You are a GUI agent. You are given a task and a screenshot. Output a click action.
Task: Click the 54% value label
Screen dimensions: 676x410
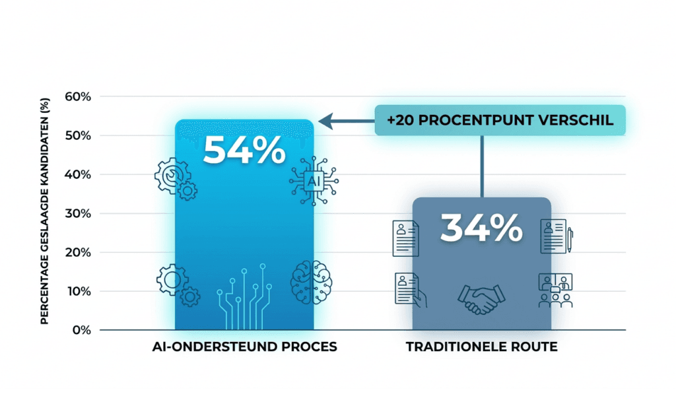[x=244, y=150]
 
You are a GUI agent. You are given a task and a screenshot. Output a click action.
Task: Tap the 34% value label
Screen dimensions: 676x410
[x=481, y=228]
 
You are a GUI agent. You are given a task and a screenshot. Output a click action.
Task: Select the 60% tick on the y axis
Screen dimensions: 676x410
[x=78, y=96]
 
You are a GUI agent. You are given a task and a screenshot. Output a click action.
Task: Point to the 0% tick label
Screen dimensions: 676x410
[x=81, y=330]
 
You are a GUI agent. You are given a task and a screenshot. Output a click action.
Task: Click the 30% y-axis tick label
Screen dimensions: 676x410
[x=78, y=213]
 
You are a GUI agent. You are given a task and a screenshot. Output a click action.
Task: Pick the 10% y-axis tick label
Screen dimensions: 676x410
[x=78, y=291]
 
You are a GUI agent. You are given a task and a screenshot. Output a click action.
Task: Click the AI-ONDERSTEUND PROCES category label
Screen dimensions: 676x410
[x=244, y=347]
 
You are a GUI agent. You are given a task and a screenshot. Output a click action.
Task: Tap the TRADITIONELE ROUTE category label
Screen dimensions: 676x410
[x=481, y=347]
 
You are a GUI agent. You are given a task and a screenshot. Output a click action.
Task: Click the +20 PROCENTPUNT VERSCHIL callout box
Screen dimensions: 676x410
[x=500, y=120]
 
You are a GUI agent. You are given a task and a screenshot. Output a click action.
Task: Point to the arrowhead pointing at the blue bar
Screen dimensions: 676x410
[x=325, y=121]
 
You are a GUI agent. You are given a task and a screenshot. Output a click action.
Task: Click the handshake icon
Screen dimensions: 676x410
[x=481, y=299]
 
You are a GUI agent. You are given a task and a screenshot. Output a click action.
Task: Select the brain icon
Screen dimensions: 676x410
[x=312, y=283]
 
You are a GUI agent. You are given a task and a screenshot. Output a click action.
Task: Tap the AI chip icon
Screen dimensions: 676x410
[x=314, y=181]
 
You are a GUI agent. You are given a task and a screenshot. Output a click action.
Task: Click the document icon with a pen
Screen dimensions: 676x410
[x=557, y=236]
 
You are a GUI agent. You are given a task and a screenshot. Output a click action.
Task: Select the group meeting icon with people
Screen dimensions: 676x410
[x=555, y=290]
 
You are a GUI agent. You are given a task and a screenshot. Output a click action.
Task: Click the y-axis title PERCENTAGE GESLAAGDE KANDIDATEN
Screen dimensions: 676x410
[x=44, y=211]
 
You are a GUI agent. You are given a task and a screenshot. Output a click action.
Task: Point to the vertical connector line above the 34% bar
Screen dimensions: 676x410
[x=482, y=167]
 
